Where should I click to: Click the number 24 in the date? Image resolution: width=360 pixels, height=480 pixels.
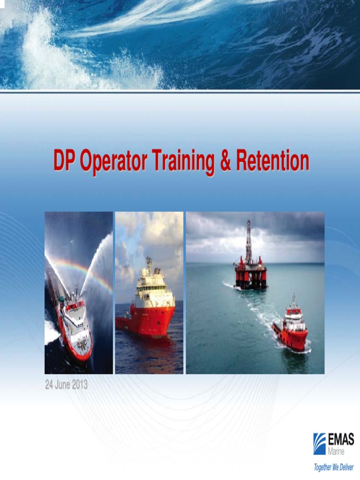tap(49, 385)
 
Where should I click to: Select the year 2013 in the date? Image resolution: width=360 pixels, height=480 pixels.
tap(80, 385)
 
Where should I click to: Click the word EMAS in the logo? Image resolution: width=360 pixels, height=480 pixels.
tap(341, 440)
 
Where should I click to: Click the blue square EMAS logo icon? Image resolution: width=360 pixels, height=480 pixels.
tap(320, 443)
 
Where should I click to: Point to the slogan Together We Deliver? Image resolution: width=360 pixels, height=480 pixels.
tap(334, 467)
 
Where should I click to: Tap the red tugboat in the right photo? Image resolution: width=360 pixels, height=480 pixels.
tap(292, 328)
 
